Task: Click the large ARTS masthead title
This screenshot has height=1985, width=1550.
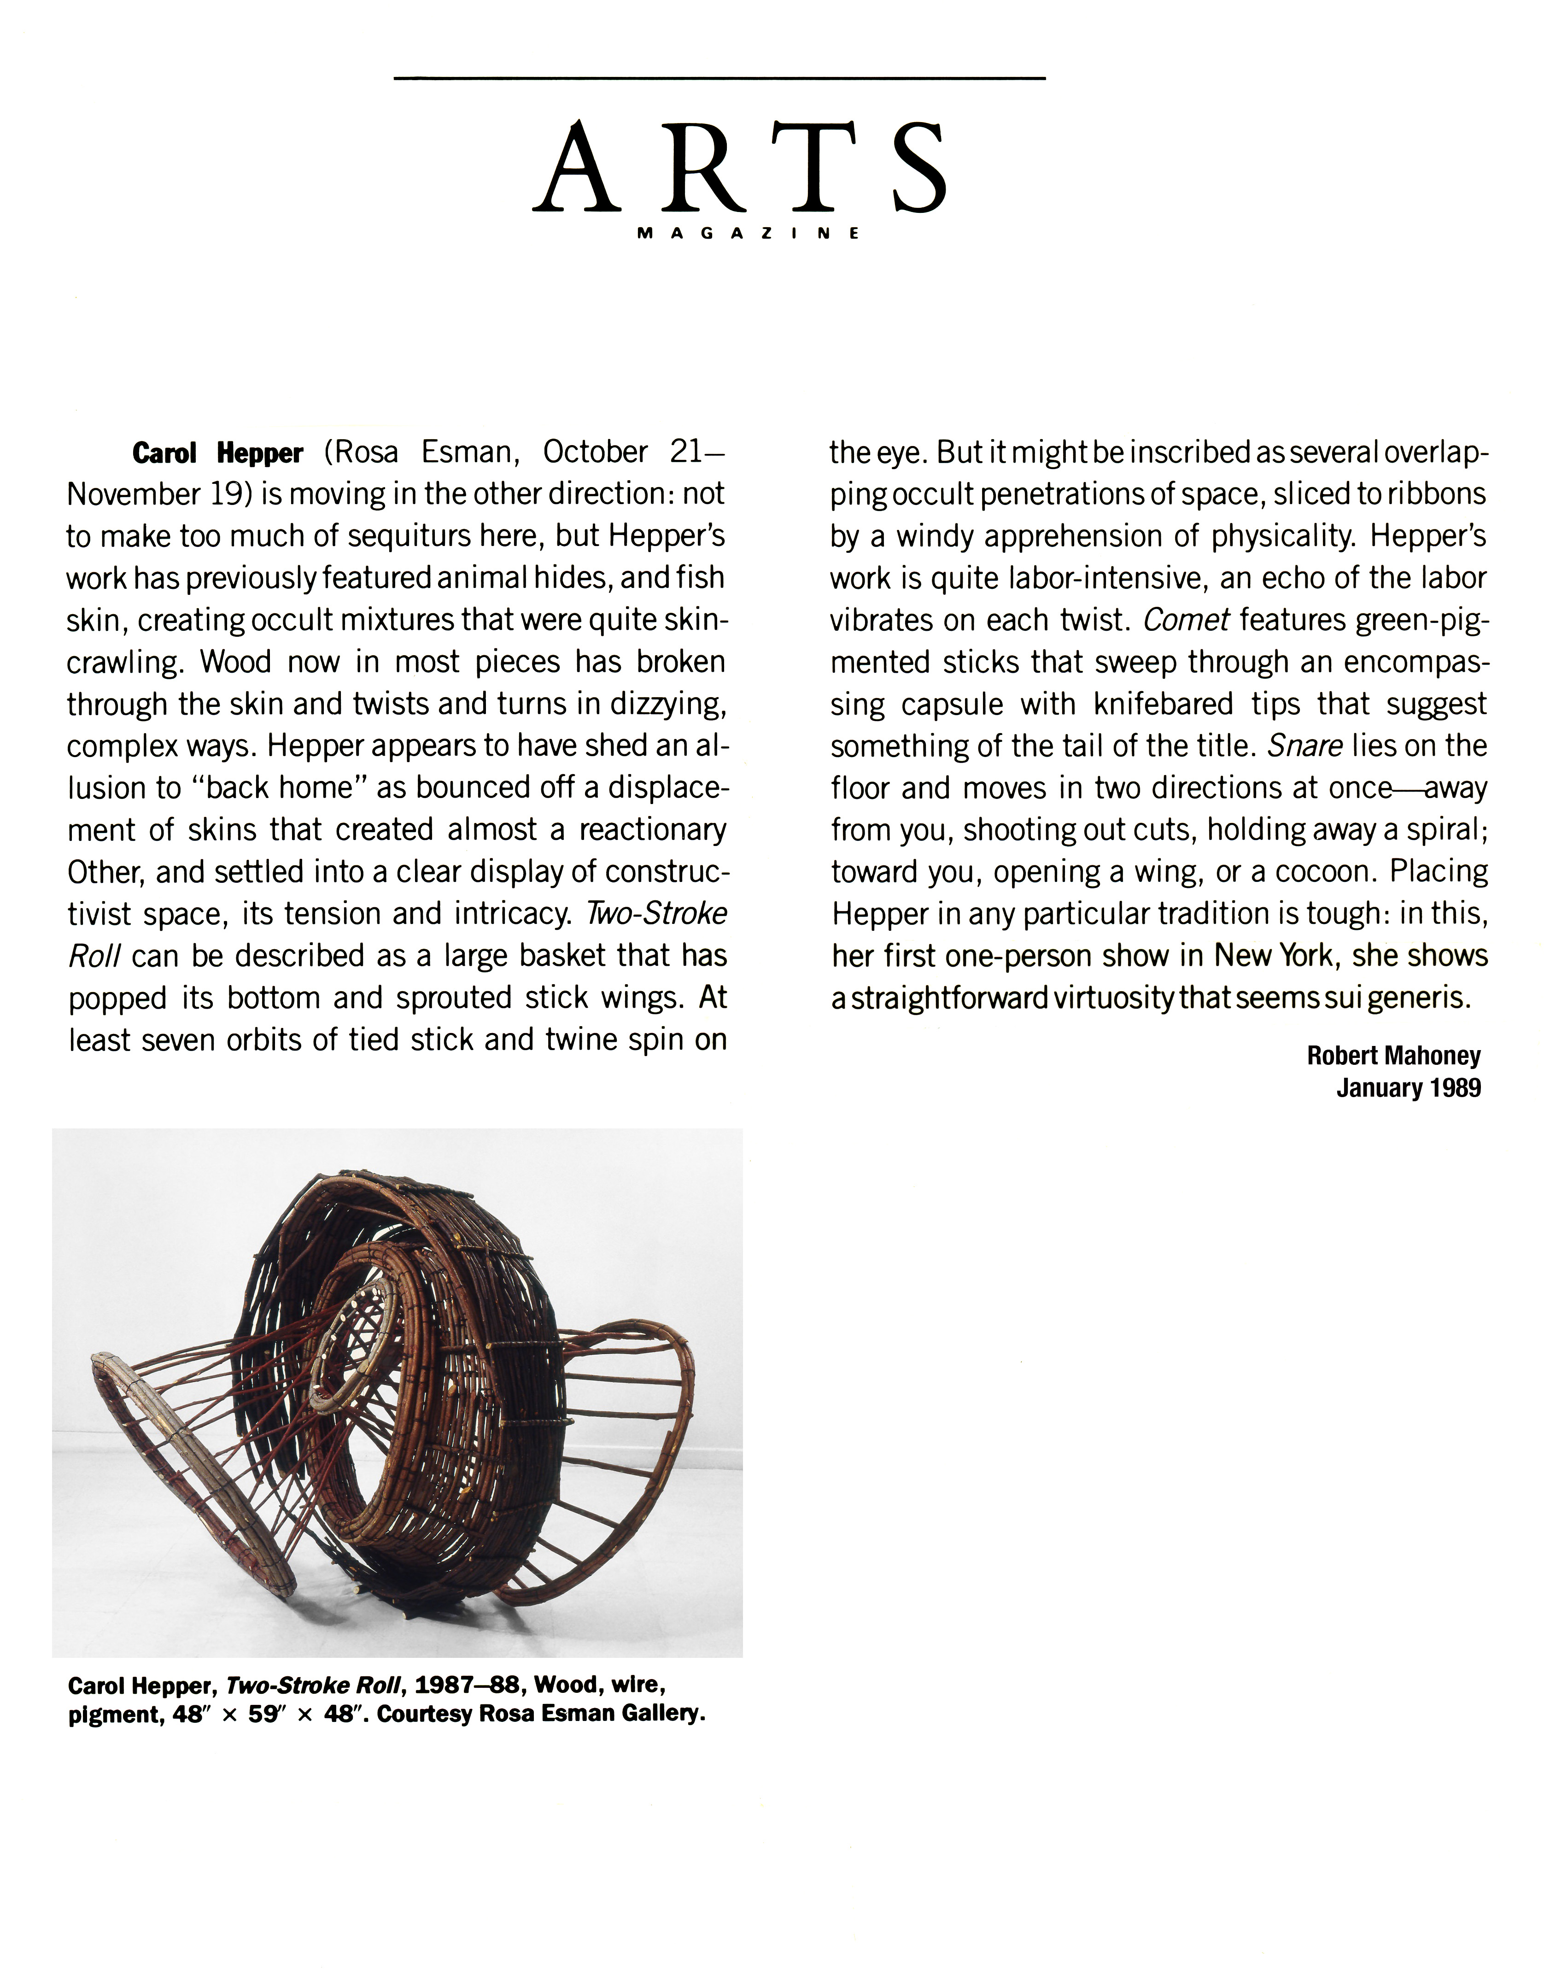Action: (741, 168)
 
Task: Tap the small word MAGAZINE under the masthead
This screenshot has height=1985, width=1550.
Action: (748, 234)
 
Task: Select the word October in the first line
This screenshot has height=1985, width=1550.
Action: (595, 452)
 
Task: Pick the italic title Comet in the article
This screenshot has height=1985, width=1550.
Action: (1186, 620)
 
